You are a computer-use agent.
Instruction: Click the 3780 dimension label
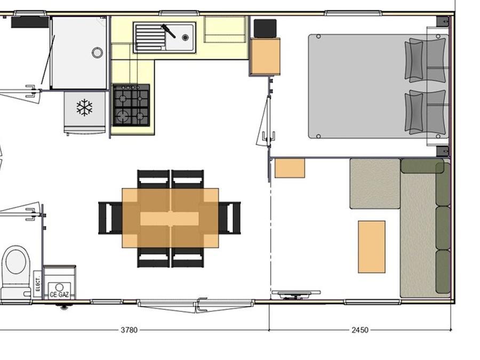129,330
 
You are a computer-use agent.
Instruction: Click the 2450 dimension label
360,330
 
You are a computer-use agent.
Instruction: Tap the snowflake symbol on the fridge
84,107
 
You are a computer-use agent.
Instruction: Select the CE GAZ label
59,294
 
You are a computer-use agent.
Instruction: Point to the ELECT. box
38,284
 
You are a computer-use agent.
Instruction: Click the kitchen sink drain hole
185,37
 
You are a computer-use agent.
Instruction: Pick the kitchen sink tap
169,31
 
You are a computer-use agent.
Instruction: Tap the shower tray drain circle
98,53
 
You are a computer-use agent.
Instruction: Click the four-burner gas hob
131,105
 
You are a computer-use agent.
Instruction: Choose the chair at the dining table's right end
230,218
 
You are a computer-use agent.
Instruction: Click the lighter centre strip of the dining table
170,219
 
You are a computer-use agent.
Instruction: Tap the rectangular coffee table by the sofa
372,247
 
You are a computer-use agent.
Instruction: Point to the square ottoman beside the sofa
375,183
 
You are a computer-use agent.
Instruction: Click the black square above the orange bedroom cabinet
265,28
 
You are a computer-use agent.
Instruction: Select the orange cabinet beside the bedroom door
265,57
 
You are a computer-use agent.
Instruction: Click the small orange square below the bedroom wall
290,168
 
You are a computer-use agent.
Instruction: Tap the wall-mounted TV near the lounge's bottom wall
296,293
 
